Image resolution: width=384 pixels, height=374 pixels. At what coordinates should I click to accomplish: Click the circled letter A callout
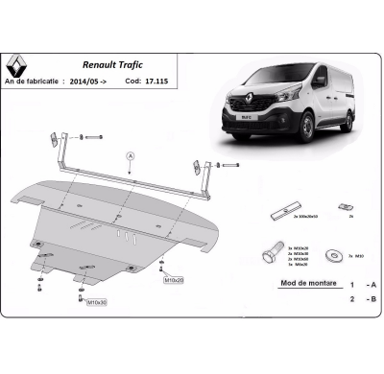130,153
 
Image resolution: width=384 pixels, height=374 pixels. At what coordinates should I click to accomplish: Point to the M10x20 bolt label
174,281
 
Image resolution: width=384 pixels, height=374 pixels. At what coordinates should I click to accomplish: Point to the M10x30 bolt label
97,302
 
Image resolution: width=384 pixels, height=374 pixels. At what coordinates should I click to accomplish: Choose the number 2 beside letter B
351,299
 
